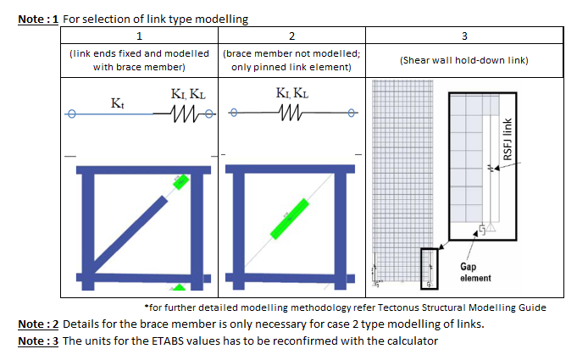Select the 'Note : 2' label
[x=37, y=324]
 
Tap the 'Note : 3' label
[x=37, y=341]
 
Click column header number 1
[x=139, y=36]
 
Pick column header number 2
[x=291, y=36]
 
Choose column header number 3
[x=464, y=36]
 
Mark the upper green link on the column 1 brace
[x=180, y=181]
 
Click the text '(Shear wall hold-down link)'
[x=464, y=60]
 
